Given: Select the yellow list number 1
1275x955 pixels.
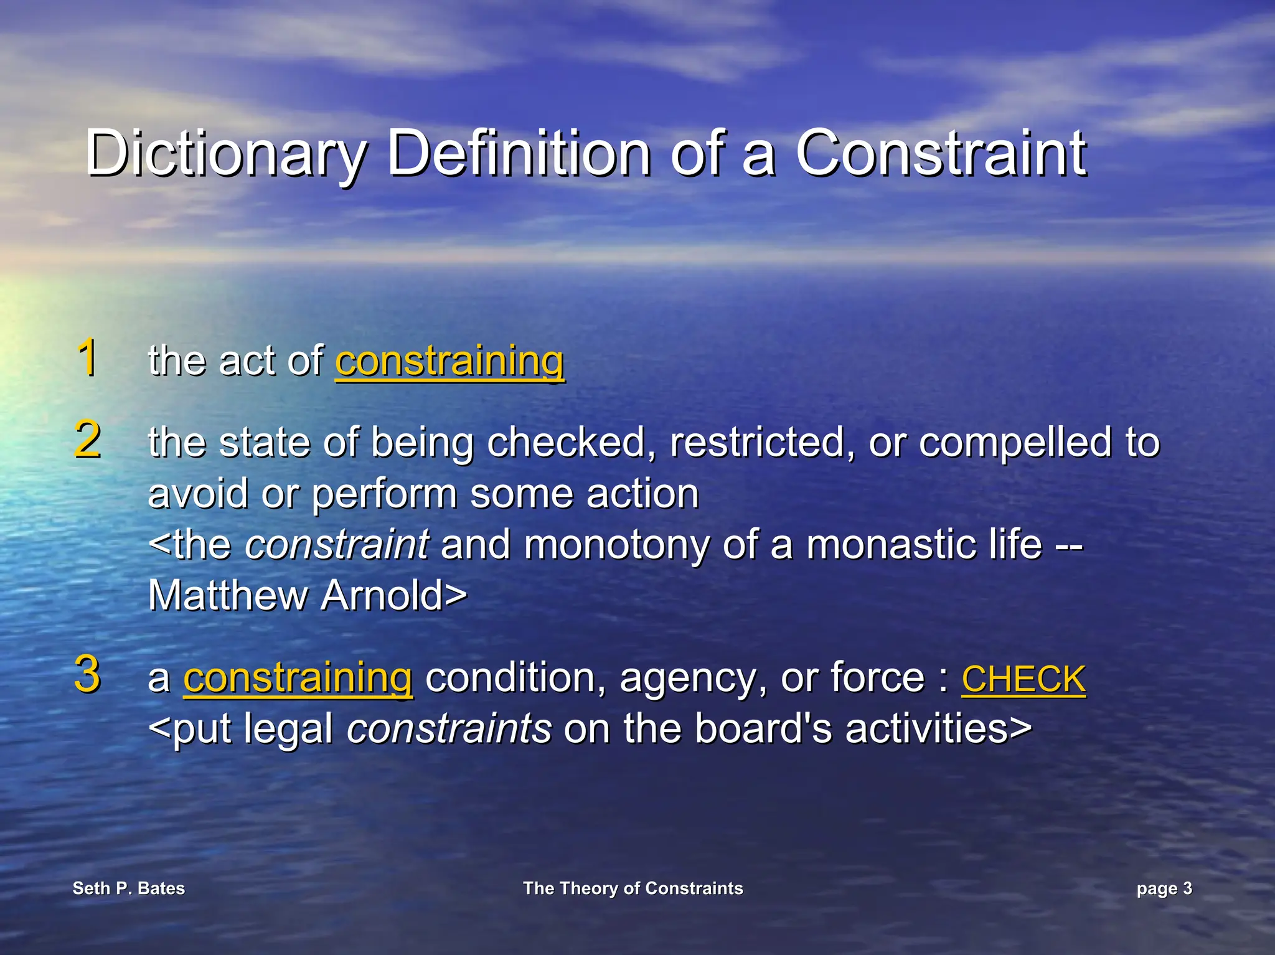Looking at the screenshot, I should [x=88, y=357].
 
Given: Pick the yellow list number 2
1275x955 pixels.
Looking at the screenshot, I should [x=88, y=440].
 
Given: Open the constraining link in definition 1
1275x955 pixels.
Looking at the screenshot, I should [x=449, y=361].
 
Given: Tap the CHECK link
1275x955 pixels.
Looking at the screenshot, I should [x=1023, y=679].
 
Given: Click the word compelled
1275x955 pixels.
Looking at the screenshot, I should [x=1015, y=442].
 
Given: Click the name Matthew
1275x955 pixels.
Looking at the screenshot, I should [x=228, y=595].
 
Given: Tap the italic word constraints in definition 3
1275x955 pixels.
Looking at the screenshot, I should [x=449, y=728].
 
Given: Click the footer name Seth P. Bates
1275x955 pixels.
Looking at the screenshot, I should [x=129, y=888].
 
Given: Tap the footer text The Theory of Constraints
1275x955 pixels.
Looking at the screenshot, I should [x=633, y=888].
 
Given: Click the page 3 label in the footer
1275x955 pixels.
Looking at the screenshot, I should [x=1164, y=888].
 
